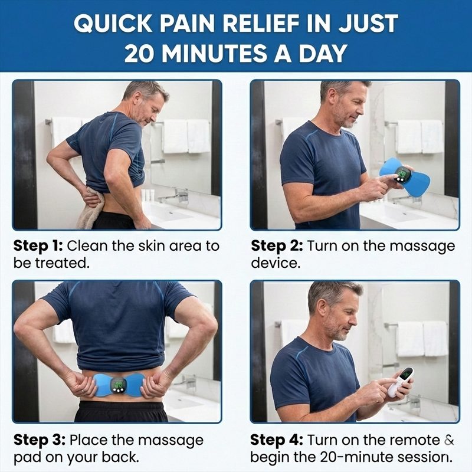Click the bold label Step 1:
tap(39, 245)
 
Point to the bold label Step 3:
tap(39, 440)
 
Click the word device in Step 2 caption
tap(276, 263)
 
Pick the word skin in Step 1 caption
tap(142, 245)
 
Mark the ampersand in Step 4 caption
tap(450, 440)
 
